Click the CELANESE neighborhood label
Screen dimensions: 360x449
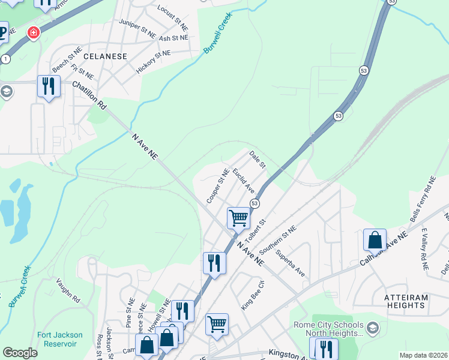(105, 56)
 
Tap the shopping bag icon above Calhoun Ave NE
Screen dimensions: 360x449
(375, 239)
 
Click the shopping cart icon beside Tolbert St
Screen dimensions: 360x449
(238, 217)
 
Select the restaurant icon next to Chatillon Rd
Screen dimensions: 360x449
(49, 86)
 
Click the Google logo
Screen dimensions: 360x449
(20, 353)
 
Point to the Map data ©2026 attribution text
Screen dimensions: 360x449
(423, 355)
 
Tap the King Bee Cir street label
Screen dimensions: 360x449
(253, 294)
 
